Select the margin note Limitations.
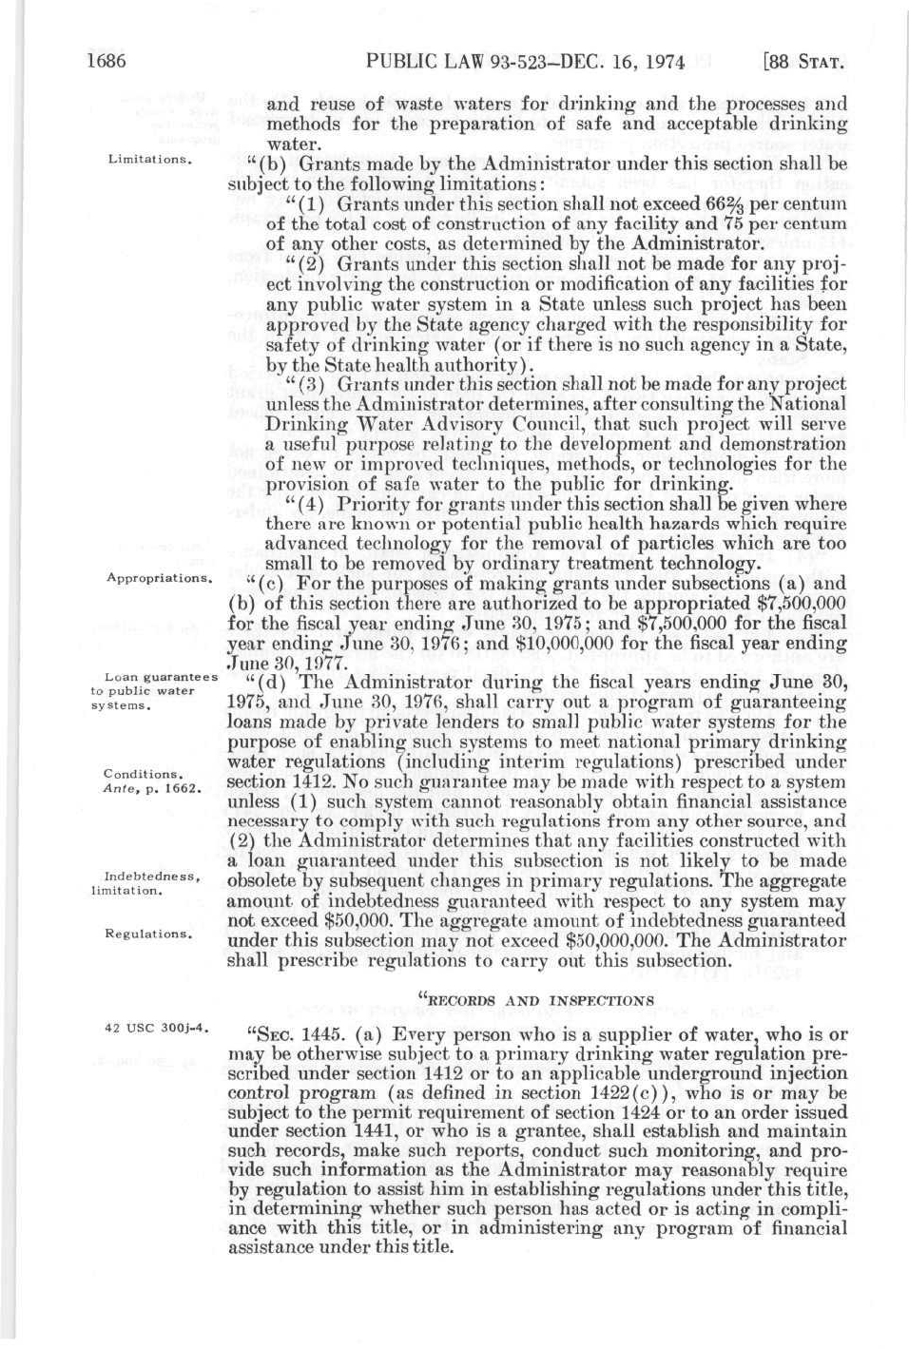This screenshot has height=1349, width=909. point(151,159)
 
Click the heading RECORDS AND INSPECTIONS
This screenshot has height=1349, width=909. point(535,999)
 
